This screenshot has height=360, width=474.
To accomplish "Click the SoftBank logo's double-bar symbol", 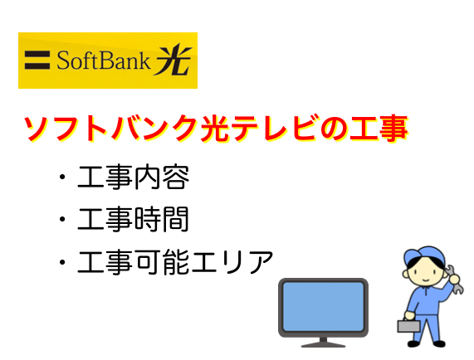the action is click(37, 60).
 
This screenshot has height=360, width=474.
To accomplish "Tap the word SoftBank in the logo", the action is click(103, 60).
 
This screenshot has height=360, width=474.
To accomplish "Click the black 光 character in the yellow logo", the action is click(173, 59).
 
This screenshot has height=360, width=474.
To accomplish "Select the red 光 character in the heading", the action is click(215, 128).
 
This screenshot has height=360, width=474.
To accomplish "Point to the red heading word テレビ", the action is click(274, 128).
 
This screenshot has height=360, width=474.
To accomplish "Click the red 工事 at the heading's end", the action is click(379, 128).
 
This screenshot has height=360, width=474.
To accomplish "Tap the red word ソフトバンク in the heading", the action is click(111, 128).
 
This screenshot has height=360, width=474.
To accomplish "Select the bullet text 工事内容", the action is click(134, 177).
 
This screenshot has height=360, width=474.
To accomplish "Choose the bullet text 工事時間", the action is click(134, 219).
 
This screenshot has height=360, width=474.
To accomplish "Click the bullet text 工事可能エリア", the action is click(175, 262).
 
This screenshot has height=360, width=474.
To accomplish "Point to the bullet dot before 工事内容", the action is click(62, 177).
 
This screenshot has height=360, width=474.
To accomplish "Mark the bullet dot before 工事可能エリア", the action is click(62, 262).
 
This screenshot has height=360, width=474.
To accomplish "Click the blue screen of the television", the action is click(323, 307).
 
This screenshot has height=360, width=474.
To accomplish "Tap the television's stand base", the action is click(323, 344).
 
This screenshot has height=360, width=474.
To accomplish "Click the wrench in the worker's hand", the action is click(454, 280).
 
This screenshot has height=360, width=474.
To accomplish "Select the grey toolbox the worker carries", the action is click(408, 325).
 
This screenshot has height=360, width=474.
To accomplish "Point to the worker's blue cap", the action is click(424, 256).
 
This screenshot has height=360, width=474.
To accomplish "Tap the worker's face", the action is click(424, 274).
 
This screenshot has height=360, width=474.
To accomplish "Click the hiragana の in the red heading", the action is click(333, 129).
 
